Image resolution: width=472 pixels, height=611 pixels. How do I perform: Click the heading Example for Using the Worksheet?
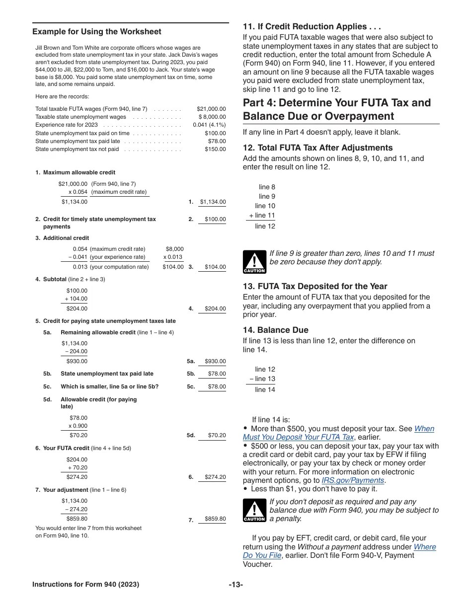[x=96, y=32]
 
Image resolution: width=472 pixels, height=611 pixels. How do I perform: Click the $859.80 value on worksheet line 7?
[x=215, y=519]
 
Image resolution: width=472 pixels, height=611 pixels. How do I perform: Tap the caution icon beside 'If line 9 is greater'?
[x=254, y=262]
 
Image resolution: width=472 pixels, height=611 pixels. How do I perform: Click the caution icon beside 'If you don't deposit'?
[x=254, y=511]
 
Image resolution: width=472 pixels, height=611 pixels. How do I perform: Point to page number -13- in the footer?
[x=236, y=585]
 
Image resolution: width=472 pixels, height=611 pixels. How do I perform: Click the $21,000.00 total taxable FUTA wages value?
[x=211, y=109]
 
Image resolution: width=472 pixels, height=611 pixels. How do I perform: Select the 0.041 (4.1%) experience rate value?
[x=209, y=125]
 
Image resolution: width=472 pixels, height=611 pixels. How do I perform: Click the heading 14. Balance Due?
[x=275, y=330]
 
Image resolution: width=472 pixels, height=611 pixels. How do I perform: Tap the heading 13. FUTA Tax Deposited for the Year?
[x=315, y=286]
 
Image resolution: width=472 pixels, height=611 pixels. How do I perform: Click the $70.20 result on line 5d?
[x=217, y=435]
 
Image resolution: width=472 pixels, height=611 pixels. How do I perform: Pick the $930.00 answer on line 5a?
[x=215, y=362]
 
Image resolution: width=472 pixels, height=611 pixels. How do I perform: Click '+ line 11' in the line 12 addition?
[x=261, y=216]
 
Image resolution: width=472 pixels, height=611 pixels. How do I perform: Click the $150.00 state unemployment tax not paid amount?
[x=215, y=149]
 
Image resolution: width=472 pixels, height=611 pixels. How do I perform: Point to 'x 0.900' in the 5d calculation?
[x=78, y=426]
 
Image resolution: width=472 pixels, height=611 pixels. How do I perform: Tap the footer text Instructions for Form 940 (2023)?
[x=85, y=585]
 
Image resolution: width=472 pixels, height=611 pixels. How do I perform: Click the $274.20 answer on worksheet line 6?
[x=215, y=477]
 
